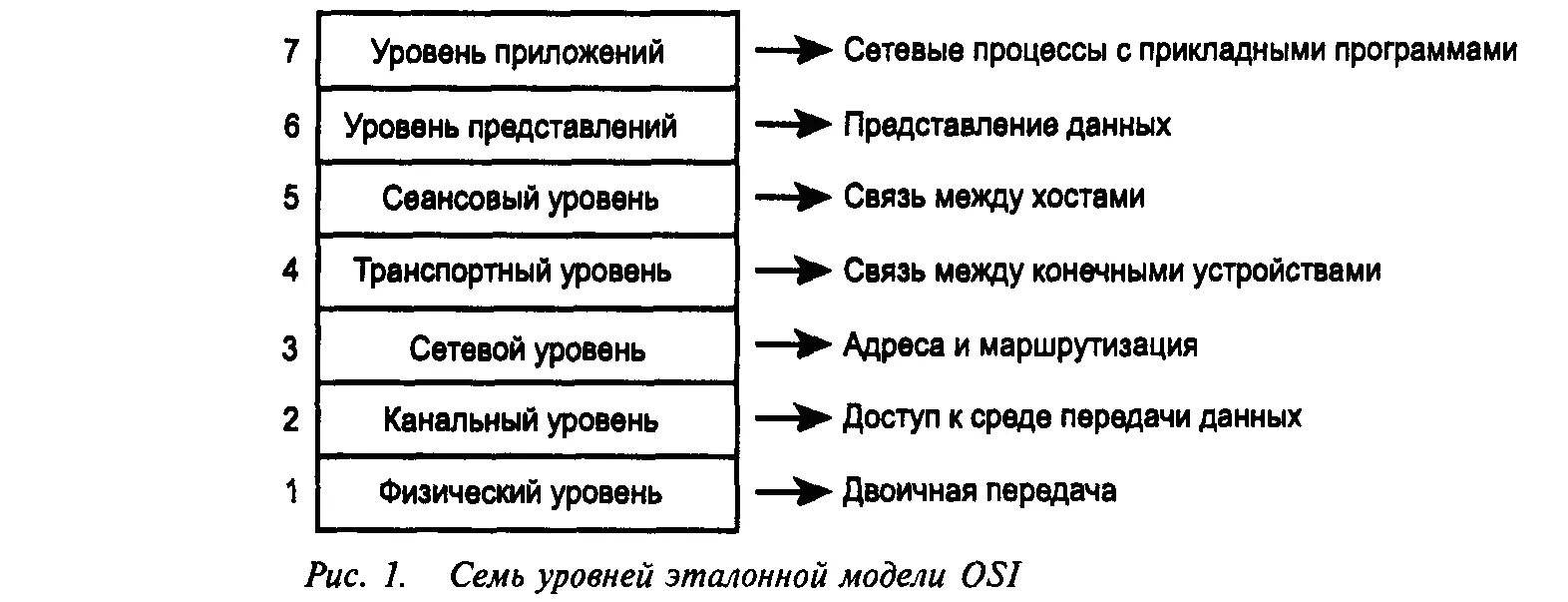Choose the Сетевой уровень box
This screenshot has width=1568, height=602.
point(527,348)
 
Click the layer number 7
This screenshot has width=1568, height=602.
point(290,50)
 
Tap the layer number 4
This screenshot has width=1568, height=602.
point(290,270)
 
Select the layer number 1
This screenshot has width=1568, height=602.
point(291,491)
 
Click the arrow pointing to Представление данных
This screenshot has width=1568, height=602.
point(792,125)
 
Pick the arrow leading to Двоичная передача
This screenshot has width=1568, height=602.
point(792,491)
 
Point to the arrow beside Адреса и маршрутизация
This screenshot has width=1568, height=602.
point(792,345)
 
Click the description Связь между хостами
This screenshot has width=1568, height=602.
point(993,197)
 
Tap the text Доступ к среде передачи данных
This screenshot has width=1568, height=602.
point(1071,416)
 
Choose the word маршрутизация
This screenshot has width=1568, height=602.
point(1088,345)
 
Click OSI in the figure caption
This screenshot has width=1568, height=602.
point(991,576)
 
